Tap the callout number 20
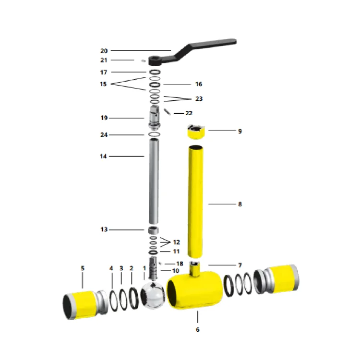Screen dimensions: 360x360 click(104, 51)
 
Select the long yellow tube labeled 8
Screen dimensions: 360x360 click(195, 201)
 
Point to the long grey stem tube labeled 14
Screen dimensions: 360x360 click(154, 181)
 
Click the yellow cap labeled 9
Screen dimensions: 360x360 click(196, 132)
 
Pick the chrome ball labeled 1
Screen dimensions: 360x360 click(153, 295)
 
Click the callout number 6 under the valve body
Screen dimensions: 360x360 click(198, 330)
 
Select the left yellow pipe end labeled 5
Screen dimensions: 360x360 click(85, 304)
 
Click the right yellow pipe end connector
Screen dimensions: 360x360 click(276, 279)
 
